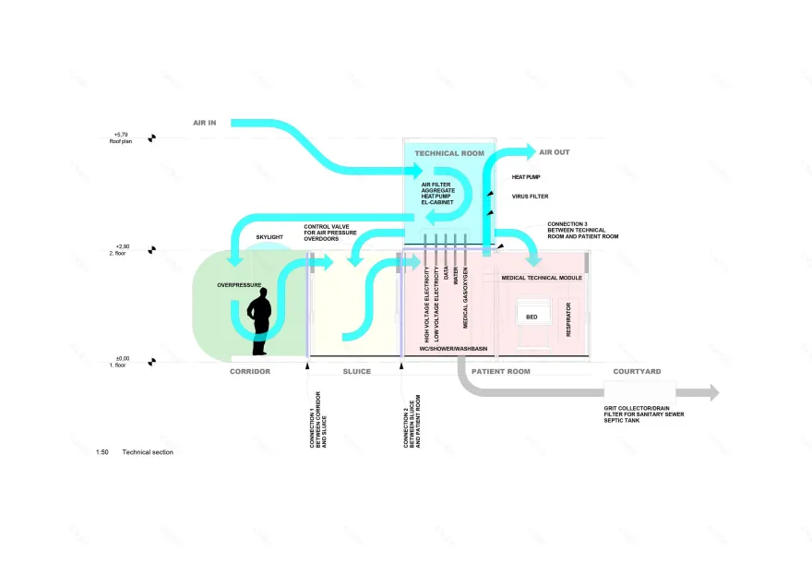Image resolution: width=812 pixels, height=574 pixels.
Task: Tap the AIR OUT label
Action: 555,152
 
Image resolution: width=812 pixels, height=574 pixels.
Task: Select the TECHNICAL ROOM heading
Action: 449,153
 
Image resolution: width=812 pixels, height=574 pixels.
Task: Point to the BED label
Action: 531,317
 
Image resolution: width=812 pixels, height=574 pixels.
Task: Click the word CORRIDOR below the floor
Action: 250,371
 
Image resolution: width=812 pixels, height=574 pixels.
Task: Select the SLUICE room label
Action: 356,371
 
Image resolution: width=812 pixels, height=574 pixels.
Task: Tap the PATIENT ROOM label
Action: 501,371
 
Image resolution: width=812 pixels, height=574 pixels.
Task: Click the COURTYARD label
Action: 637,371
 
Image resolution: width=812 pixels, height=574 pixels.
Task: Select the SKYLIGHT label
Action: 270,237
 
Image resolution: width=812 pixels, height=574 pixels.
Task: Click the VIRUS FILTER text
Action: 531,197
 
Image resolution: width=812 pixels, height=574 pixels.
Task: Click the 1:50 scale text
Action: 102,452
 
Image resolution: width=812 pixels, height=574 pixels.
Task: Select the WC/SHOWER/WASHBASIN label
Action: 453,349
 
